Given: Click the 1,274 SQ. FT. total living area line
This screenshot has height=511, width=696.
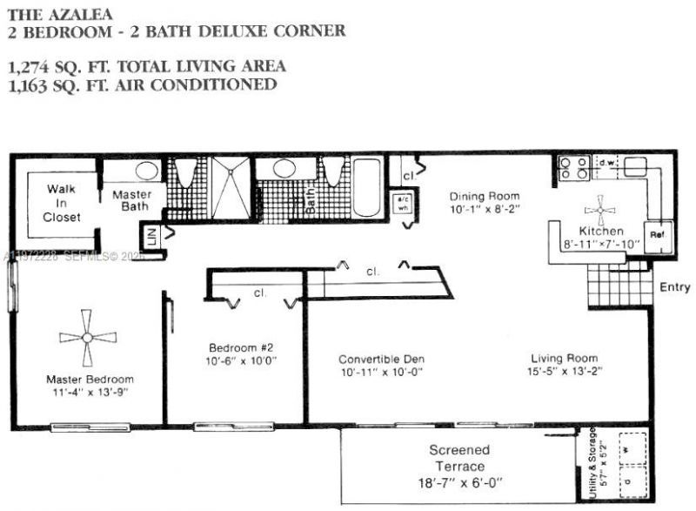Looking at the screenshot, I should tap(146, 66).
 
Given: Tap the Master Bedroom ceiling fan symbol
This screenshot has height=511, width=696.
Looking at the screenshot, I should tap(87, 338).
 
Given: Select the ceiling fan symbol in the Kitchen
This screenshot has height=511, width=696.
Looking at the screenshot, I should tap(599, 208).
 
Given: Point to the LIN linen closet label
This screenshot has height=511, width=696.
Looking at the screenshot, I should tap(151, 236).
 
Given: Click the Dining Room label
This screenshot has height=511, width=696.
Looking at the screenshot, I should tap(485, 196).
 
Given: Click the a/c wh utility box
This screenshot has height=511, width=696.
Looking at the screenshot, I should tap(404, 202).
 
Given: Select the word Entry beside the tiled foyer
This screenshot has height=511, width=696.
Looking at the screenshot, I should tap(674, 287).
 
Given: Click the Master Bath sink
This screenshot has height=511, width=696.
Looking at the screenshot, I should tap(134, 171).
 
